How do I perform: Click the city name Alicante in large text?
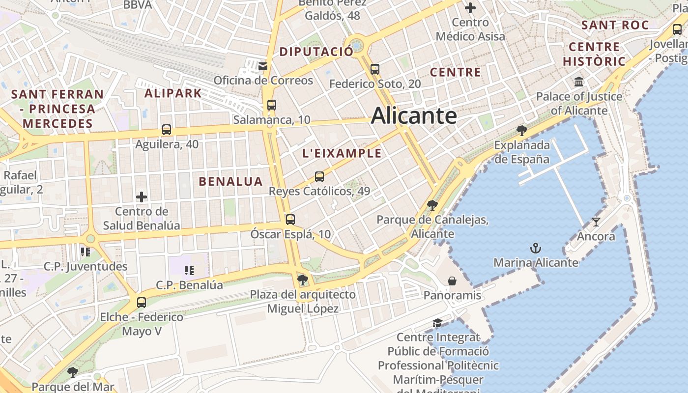414,116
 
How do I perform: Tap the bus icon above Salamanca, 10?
271,105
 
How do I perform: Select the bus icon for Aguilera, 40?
167,130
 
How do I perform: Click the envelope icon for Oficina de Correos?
263,66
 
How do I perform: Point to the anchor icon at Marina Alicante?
536,248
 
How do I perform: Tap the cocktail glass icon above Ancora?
596,222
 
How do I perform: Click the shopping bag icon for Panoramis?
452,281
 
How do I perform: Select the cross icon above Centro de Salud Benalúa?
142,197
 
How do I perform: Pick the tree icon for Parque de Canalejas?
432,205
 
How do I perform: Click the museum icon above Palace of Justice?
579,82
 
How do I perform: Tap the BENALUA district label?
230,181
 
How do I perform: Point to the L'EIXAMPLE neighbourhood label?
342,153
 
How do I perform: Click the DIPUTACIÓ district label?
316,52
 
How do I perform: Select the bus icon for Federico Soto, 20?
375,69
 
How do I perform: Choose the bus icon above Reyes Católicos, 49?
319,176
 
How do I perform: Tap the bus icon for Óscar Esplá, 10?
290,220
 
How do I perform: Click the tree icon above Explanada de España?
522,130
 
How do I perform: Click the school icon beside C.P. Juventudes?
86,252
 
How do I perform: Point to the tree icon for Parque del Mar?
73,372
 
